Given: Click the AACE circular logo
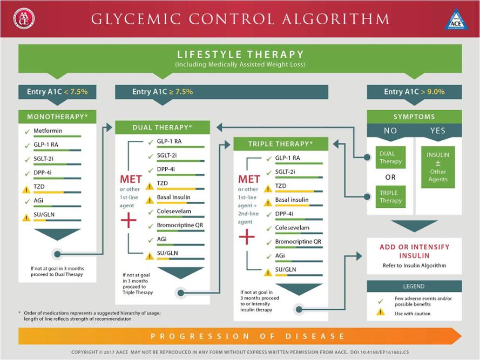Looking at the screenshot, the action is tap(24, 18).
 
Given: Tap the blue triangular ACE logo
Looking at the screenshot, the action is tap(456, 20).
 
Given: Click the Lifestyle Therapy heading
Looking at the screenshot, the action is tap(240, 55).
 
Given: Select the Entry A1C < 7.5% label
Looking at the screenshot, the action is tap(57, 92).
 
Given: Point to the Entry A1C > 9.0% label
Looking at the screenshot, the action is tap(414, 92).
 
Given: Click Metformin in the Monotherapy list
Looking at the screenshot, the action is tap(48, 131).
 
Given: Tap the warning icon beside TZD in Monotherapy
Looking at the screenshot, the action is tap(26, 189).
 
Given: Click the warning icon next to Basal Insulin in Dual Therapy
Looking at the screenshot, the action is tap(150, 200).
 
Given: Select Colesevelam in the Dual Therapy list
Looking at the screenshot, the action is tap(174, 211).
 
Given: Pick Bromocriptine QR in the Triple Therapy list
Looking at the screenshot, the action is tap(298, 242).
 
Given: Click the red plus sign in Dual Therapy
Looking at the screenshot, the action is tap(129, 220).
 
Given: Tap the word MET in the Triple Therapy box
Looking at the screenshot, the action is tap(249, 179).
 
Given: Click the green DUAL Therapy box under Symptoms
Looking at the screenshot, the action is tap(390, 158).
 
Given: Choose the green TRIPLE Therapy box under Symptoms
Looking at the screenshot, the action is tap(390, 196).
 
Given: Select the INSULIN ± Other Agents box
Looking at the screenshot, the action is tap(438, 167).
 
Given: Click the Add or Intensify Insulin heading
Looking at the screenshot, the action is tap(415, 251).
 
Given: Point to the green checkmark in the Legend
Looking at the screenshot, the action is tap(381, 301).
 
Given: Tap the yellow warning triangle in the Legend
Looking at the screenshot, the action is tap(381, 312).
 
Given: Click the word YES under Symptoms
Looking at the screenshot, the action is tap(437, 131).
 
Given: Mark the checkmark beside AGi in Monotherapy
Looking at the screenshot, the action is tap(27, 201).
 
